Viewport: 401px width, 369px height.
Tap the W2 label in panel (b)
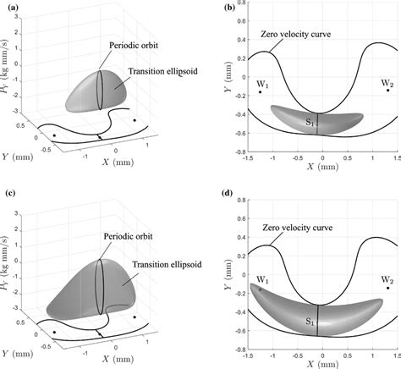(x=387, y=82)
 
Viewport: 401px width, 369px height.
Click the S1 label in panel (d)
(x=310, y=322)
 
